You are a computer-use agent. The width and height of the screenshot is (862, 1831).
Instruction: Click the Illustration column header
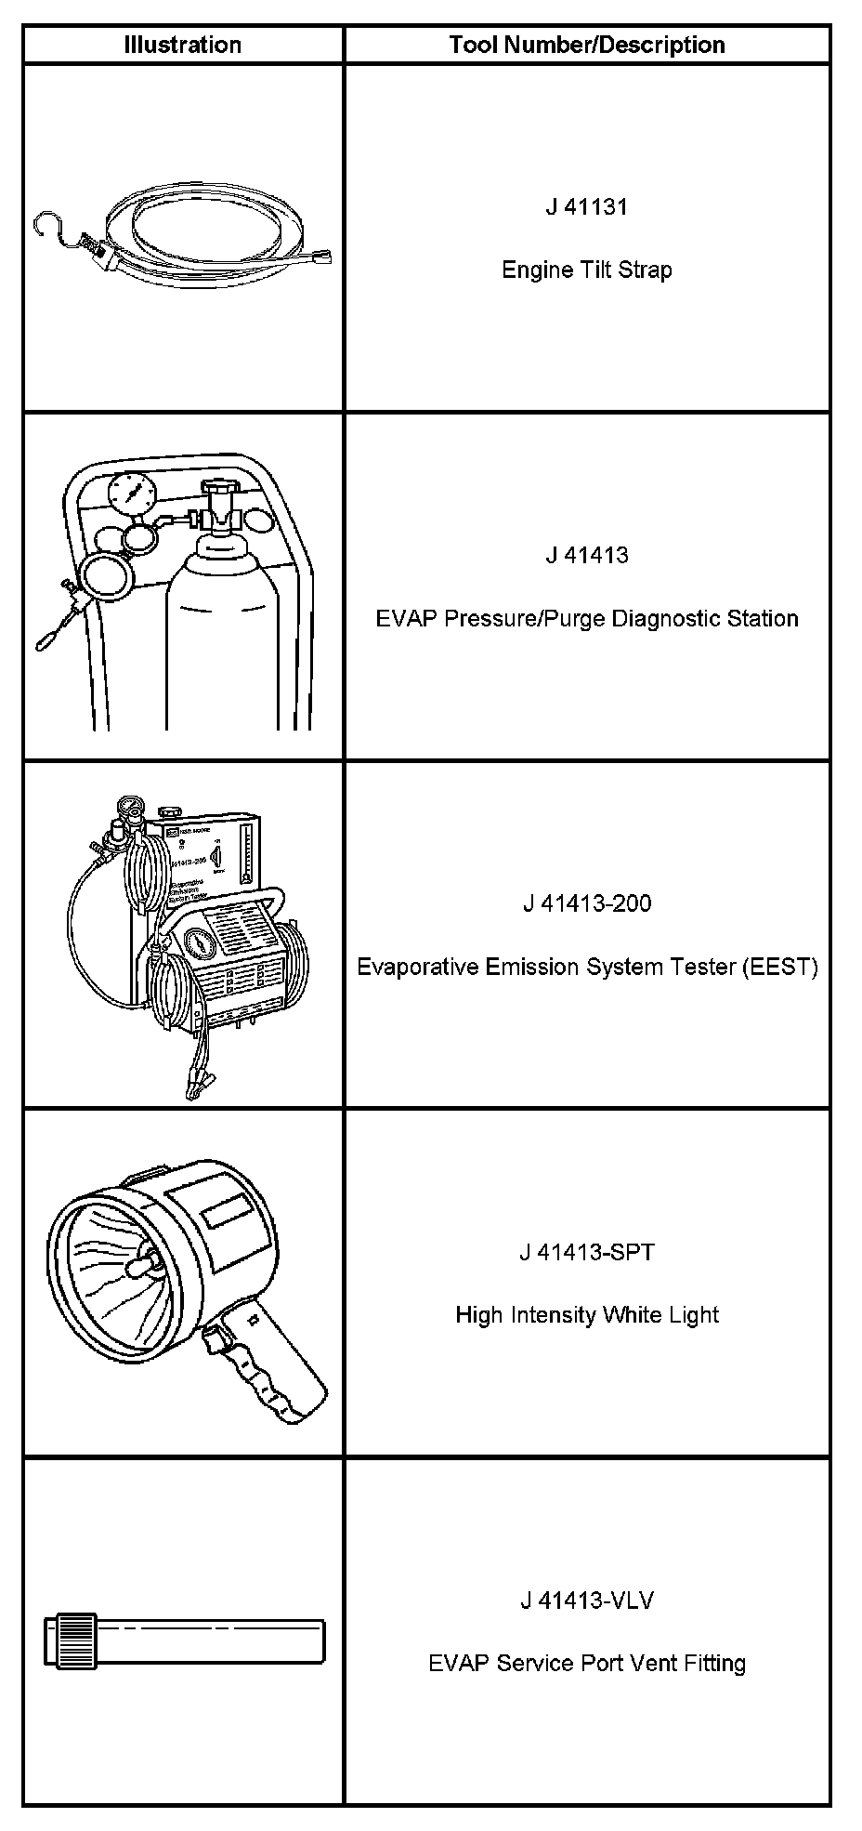click(183, 45)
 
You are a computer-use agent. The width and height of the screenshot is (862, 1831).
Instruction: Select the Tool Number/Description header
click(586, 45)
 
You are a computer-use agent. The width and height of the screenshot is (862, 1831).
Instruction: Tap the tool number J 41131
click(586, 207)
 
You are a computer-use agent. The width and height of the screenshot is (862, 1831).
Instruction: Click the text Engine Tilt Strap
click(586, 270)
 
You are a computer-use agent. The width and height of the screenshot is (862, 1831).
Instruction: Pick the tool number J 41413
click(586, 556)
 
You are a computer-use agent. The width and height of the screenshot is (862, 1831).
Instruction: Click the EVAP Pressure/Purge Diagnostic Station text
click(586, 618)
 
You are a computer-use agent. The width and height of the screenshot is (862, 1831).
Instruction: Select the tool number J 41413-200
click(586, 903)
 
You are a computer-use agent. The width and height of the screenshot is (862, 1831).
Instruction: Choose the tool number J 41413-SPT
click(586, 1252)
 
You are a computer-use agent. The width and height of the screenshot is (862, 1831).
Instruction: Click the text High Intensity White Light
click(586, 1315)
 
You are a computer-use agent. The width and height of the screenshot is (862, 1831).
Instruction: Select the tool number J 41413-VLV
click(586, 1600)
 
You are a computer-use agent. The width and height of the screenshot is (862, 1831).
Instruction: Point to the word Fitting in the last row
click(714, 1663)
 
